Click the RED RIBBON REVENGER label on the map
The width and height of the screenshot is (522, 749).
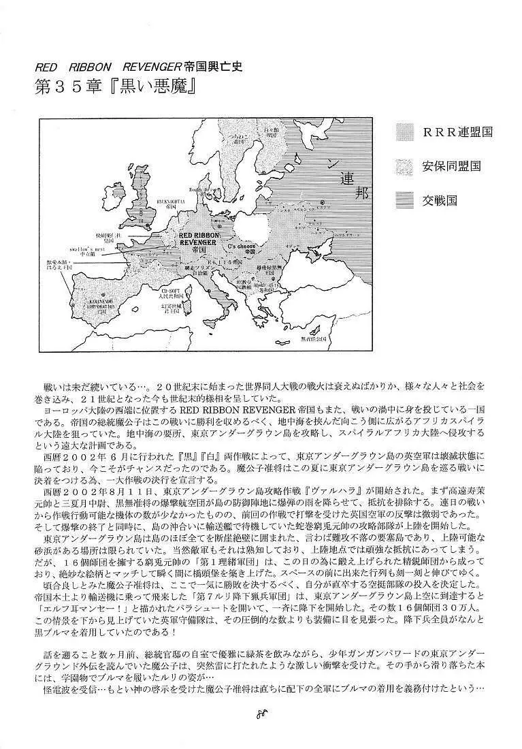197,236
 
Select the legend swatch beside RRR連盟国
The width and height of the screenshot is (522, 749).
406,132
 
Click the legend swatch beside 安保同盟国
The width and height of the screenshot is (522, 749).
406,166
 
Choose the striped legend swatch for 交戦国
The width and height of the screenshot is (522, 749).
406,200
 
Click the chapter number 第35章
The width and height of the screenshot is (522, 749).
70,89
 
